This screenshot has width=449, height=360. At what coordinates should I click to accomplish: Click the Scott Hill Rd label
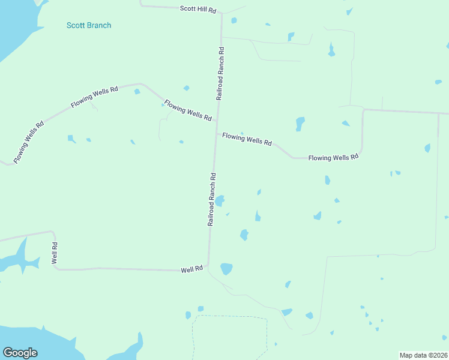coord(198,9)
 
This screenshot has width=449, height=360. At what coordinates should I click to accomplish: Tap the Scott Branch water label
coord(89,25)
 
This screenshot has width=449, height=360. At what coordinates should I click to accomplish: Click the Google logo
coord(20,352)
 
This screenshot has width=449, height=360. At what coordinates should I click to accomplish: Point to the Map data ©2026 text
coord(423,355)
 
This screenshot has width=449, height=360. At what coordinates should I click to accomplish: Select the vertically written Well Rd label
coord(55,253)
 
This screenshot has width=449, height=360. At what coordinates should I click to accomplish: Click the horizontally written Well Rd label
coord(192,270)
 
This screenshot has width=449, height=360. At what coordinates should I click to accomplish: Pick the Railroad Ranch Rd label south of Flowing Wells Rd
coord(212,199)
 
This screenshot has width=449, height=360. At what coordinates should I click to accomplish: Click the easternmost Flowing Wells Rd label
coord(333,157)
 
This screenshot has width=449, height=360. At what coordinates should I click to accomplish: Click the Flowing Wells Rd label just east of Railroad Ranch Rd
coord(247,139)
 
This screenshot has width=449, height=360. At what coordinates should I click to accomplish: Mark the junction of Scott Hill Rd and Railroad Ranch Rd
coord(221,13)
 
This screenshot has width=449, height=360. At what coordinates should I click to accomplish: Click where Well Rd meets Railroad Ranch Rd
coord(208,268)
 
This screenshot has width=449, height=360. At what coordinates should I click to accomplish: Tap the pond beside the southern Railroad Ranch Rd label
coord(220,200)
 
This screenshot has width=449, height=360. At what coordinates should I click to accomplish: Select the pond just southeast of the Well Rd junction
coord(226,269)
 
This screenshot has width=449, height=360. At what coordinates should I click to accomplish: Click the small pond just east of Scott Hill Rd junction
coord(234,20)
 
